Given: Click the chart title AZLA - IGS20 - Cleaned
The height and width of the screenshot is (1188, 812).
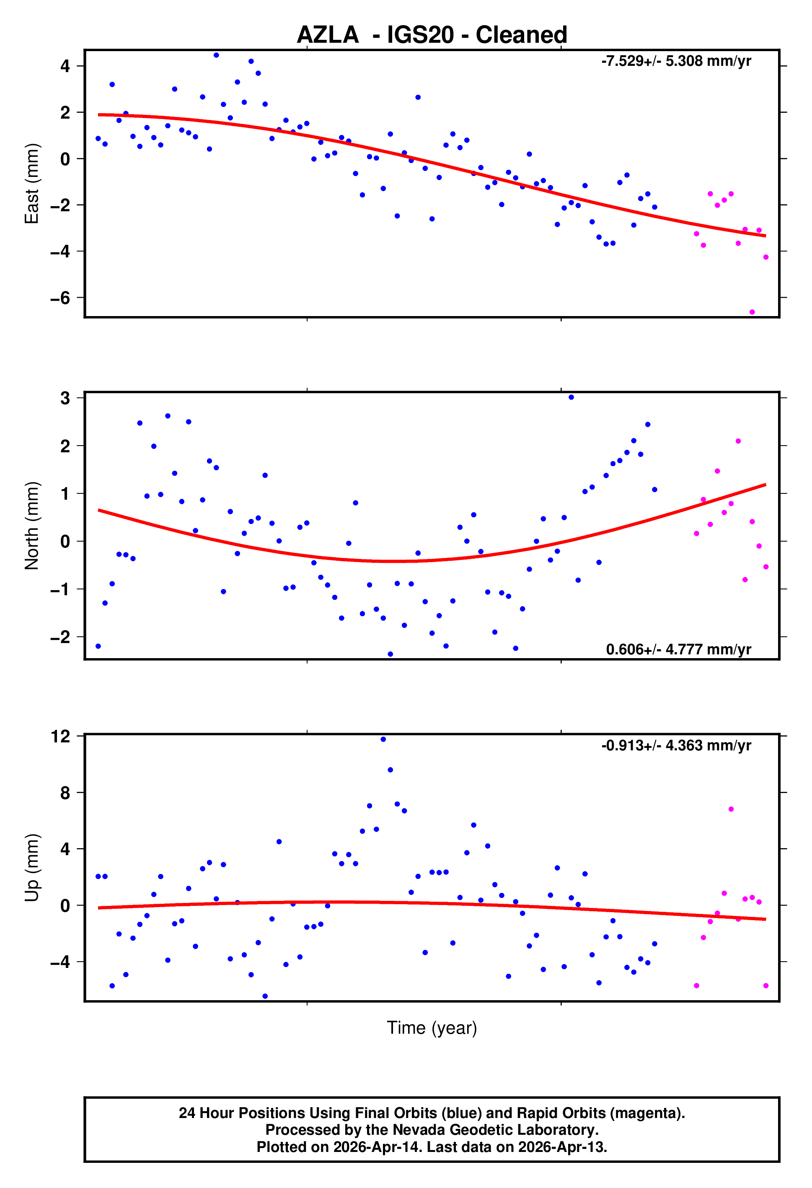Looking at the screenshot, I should click(432, 35).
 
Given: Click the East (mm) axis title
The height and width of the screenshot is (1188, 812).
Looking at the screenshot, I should click(32, 184).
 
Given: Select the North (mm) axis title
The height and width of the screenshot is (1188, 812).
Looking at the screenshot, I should click(32, 526).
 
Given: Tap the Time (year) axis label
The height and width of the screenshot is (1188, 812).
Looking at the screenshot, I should click(432, 1027).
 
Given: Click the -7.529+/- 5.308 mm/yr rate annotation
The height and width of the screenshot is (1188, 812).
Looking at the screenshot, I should click(676, 61).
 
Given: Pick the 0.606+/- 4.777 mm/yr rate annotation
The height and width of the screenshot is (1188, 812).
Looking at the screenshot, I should click(678, 649).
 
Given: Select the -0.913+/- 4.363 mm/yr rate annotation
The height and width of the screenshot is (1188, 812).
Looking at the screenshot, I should click(676, 745).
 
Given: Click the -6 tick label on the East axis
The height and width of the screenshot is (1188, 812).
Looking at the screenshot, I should click(60, 298).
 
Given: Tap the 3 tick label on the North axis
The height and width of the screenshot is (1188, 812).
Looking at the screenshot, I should click(65, 398).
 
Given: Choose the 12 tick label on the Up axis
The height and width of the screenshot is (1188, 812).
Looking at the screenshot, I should click(60, 737).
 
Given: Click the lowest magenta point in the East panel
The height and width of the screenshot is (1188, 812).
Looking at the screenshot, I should click(752, 312).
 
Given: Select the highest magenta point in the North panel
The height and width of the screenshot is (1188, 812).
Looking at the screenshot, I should click(738, 441).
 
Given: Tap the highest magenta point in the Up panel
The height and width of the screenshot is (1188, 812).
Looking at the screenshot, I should click(731, 809).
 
